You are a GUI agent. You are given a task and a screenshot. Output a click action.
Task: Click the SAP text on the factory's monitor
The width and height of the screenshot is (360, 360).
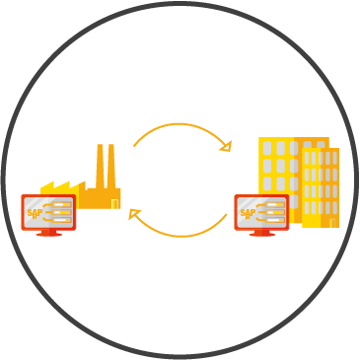click(35, 213)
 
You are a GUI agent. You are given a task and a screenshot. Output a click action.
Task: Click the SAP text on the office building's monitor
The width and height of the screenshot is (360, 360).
click(248, 213)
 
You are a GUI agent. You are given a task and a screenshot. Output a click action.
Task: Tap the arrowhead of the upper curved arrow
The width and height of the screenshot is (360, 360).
click(226, 146)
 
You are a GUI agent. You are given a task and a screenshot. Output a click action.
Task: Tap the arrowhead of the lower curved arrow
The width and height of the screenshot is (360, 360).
click(134, 214)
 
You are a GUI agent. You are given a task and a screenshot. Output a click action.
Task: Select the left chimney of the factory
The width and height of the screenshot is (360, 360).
click(101, 166)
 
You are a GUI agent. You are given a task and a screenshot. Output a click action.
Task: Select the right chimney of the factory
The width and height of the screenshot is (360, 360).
click(111, 166)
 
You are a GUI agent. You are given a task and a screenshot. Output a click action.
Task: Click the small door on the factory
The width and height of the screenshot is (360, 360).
click(114, 204)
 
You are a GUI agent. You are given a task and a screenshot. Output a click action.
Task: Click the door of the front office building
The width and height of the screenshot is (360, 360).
click(332, 223)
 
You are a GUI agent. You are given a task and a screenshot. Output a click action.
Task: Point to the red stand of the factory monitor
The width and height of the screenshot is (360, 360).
click(48, 233)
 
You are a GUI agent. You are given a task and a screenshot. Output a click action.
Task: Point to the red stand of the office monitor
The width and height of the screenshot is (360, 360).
click(262, 233)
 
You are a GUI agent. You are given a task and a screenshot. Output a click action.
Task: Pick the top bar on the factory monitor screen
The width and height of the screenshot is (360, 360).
click(62, 205)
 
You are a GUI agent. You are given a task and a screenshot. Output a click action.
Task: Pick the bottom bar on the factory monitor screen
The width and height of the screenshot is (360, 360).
click(62, 220)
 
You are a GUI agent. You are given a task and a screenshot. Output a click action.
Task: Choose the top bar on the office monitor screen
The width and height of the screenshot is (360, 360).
click(275, 205)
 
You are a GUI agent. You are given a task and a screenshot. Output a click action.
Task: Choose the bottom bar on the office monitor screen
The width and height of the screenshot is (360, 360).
click(275, 220)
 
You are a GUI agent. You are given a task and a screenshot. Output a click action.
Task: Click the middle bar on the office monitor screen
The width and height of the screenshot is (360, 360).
click(275, 212)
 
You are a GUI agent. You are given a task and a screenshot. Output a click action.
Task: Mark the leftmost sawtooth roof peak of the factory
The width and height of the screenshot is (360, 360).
click(52, 181)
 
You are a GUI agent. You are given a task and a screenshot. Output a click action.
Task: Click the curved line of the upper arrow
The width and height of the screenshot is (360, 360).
click(180, 124)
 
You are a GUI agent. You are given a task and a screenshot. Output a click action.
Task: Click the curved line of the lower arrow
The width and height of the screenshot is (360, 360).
click(180, 236)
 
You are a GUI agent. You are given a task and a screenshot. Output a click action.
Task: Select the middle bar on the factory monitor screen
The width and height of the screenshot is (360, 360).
click(62, 212)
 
